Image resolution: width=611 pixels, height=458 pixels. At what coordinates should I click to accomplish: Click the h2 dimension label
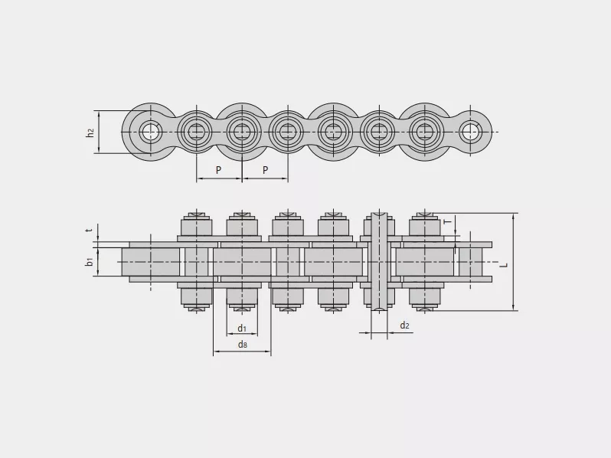point(90,132)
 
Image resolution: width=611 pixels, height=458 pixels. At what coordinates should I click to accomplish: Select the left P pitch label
point(219,170)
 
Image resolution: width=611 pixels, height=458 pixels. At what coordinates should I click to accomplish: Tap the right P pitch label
point(266,170)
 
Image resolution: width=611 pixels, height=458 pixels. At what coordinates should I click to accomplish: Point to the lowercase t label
point(90,231)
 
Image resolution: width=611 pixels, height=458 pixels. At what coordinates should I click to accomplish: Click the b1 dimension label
point(90,262)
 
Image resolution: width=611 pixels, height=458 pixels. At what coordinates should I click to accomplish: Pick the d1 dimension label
point(242,329)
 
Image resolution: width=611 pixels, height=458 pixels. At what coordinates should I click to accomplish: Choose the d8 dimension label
point(243,344)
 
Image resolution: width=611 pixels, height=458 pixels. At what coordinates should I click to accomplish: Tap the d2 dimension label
point(405,326)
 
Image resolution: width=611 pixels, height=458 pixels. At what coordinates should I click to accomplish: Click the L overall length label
point(505,265)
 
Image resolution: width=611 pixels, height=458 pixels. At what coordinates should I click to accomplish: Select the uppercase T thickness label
point(448,221)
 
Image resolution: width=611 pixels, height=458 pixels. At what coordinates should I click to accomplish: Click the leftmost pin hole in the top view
point(151,132)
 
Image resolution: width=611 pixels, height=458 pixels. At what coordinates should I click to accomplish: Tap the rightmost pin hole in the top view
point(470,132)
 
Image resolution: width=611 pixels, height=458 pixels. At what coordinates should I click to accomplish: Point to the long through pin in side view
point(379,261)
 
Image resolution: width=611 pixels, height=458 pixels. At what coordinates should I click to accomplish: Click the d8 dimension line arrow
point(242,352)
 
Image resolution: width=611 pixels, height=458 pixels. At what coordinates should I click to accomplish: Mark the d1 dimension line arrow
point(242,334)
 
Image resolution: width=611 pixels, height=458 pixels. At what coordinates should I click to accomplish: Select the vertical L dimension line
point(514,262)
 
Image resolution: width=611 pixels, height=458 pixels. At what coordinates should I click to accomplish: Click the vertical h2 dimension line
point(100,132)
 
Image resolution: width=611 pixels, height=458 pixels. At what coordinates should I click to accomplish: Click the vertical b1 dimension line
point(98,262)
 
